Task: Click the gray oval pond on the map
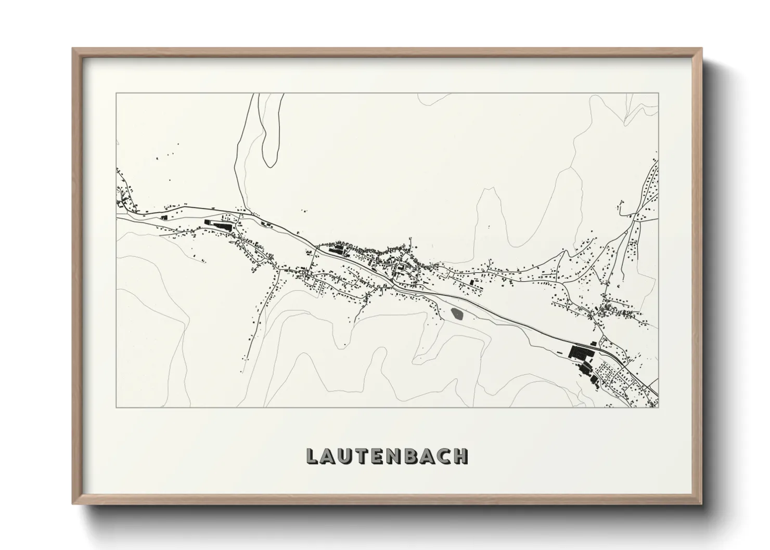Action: click(x=457, y=313)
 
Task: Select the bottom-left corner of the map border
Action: click(x=116, y=407)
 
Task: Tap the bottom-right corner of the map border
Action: click(x=658, y=407)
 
